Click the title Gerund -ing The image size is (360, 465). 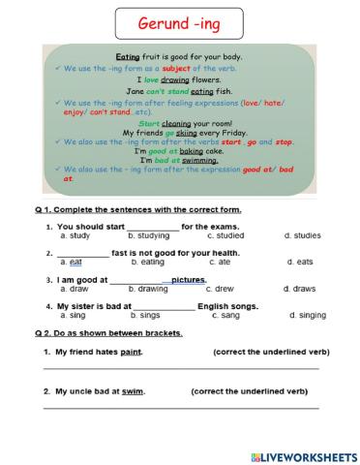tap(179, 21)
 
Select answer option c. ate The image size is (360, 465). tap(219, 262)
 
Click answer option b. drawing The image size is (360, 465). tap(148, 289)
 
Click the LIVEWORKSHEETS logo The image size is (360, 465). tap(302, 453)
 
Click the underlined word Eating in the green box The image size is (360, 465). tap(128, 57)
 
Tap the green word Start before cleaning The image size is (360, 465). tap(150, 123)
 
